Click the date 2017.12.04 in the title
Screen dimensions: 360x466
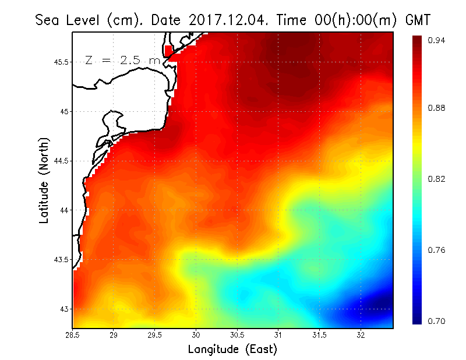point(226,20)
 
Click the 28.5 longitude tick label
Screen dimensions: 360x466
point(73,335)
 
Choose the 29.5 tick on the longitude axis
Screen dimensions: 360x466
point(155,335)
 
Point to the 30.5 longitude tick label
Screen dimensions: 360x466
point(237,335)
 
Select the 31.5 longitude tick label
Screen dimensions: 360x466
point(320,335)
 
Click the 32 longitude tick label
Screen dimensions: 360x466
point(361,335)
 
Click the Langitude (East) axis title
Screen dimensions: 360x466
point(232,350)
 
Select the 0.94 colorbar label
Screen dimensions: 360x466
point(438,40)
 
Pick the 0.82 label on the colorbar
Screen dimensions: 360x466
point(438,179)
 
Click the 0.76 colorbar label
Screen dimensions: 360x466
point(438,250)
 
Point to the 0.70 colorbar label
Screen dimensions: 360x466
point(438,321)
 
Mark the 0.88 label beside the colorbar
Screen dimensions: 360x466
point(438,108)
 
